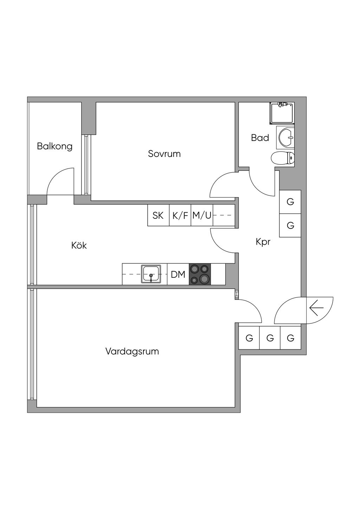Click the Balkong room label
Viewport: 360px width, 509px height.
pyautogui.click(x=54, y=146)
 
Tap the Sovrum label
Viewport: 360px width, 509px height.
pyautogui.click(x=164, y=154)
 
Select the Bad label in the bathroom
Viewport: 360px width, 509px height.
pyautogui.click(x=260, y=138)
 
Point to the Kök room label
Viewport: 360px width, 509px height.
pyautogui.click(x=79, y=245)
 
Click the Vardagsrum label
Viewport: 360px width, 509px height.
pyautogui.click(x=132, y=351)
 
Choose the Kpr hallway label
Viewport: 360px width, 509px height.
pyautogui.click(x=263, y=242)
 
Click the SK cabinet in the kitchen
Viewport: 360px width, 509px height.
pyautogui.click(x=158, y=215)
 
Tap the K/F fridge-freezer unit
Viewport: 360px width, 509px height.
pyautogui.click(x=180, y=215)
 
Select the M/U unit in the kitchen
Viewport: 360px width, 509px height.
pyautogui.click(x=202, y=215)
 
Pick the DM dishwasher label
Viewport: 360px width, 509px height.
pyautogui.click(x=178, y=274)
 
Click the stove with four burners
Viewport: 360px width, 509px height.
pyautogui.click(x=200, y=274)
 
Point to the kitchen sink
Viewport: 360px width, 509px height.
pyautogui.click(x=151, y=274)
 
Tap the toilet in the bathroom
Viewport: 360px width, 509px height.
pyautogui.click(x=283, y=158)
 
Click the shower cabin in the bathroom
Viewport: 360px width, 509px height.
pyautogui.click(x=282, y=113)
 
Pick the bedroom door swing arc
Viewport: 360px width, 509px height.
pyautogui.click(x=221, y=185)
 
